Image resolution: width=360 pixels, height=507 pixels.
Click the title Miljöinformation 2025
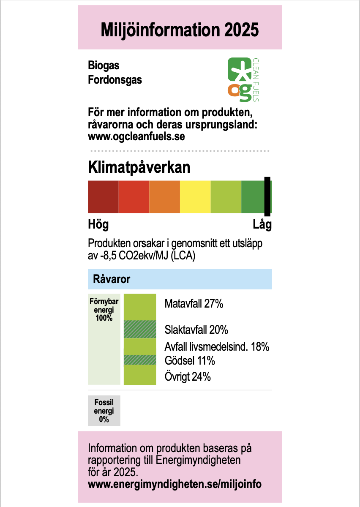[180, 30]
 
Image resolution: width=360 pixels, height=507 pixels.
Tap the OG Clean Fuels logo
[243, 79]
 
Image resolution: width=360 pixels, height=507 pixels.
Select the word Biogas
[104, 65]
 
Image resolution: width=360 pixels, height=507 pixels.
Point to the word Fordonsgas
[115, 79]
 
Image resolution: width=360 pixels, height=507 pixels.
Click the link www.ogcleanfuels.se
[136, 136]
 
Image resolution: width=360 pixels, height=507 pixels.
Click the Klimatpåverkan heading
[139, 167]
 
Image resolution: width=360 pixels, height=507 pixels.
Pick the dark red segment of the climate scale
[103, 196]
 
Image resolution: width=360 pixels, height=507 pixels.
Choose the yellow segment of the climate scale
[195, 196]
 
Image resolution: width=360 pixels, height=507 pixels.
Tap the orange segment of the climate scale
[165, 196]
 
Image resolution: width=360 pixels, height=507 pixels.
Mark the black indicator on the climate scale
[267, 196]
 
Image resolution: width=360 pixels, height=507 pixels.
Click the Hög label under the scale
[98, 224]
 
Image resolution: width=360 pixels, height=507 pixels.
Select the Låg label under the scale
[262, 224]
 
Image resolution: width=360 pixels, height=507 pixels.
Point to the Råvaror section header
[112, 279]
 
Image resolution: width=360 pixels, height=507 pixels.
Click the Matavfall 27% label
[194, 303]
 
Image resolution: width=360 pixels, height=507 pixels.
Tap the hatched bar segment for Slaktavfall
[140, 329]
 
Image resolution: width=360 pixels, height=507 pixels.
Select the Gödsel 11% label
[190, 361]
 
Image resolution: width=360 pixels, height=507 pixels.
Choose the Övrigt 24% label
[188, 376]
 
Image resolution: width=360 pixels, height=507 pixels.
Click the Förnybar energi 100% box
[104, 339]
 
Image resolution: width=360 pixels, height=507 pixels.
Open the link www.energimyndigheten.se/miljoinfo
[175, 484]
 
